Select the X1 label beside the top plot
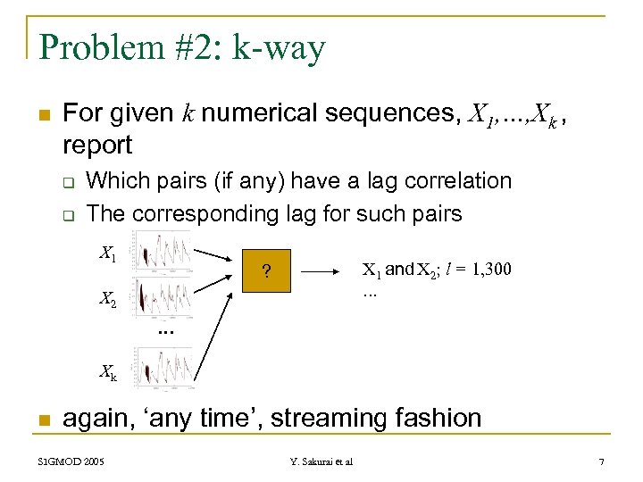coord(108,254)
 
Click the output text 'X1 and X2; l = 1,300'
coord(436,270)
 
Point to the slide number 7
coord(601,461)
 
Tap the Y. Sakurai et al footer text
coord(321,461)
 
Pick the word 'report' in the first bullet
coord(97,144)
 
